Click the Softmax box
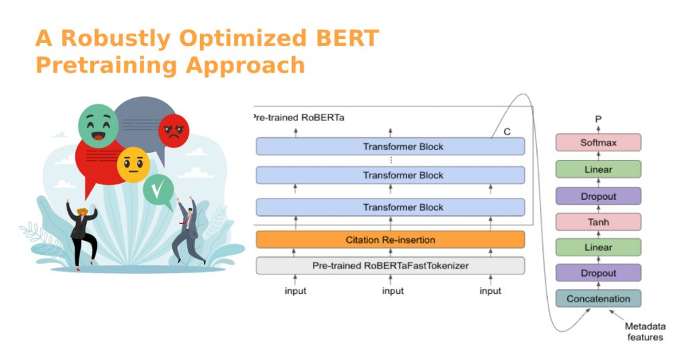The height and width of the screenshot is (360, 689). pyautogui.click(x=598, y=143)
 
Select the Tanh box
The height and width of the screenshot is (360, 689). pyautogui.click(x=598, y=221)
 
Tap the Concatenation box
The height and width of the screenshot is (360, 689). pyautogui.click(x=598, y=299)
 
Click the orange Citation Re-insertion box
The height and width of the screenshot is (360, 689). pyautogui.click(x=390, y=240)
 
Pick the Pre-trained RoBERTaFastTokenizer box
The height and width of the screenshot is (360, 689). pyautogui.click(x=390, y=265)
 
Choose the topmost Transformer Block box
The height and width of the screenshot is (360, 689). pyautogui.click(x=390, y=147)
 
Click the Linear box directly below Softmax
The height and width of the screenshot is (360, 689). pyautogui.click(x=598, y=170)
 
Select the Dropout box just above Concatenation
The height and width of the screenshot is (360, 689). pyautogui.click(x=598, y=273)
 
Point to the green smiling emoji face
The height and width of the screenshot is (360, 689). pyautogui.click(x=98, y=126)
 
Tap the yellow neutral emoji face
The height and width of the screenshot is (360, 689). pyautogui.click(x=133, y=164)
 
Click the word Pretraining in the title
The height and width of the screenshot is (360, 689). pyautogui.click(x=107, y=65)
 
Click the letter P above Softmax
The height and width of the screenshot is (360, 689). pyautogui.click(x=598, y=120)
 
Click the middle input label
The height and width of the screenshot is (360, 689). pyautogui.click(x=393, y=291)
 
